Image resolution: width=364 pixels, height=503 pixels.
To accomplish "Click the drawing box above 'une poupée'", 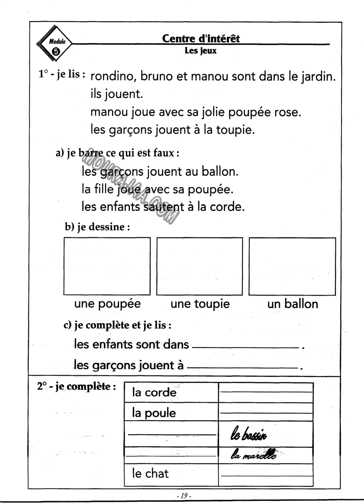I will point(107,266).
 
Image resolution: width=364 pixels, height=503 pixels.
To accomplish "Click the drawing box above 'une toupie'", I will point(200,266).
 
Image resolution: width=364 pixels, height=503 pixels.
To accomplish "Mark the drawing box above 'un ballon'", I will point(292,266).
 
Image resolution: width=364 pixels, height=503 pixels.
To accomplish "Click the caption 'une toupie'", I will point(200,305).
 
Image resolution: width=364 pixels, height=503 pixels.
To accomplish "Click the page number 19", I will point(182,496).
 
